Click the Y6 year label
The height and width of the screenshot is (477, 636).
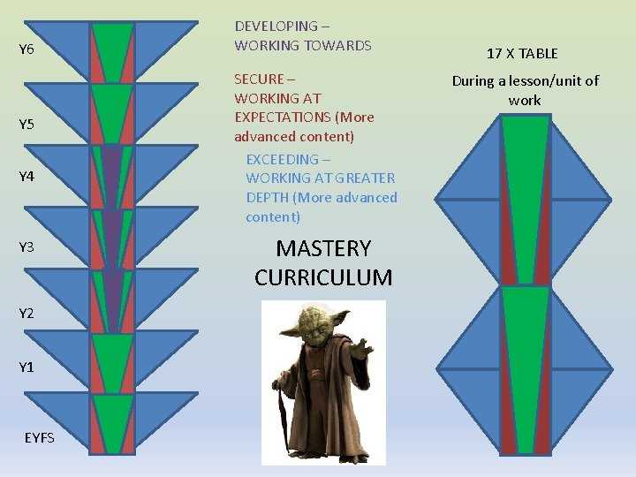point(26,50)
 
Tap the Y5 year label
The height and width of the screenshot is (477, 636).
point(26,124)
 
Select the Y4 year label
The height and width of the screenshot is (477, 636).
point(26,177)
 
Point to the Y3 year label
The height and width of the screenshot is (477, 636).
point(26,247)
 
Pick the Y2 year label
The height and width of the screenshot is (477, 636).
point(26,314)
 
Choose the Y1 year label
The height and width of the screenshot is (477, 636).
point(26,367)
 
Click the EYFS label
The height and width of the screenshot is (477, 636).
point(39,437)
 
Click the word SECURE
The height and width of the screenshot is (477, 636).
point(259,79)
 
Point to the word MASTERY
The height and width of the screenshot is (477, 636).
point(323,248)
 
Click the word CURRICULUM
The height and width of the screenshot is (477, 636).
point(323,277)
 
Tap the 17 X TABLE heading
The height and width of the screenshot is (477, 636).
point(522,54)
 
